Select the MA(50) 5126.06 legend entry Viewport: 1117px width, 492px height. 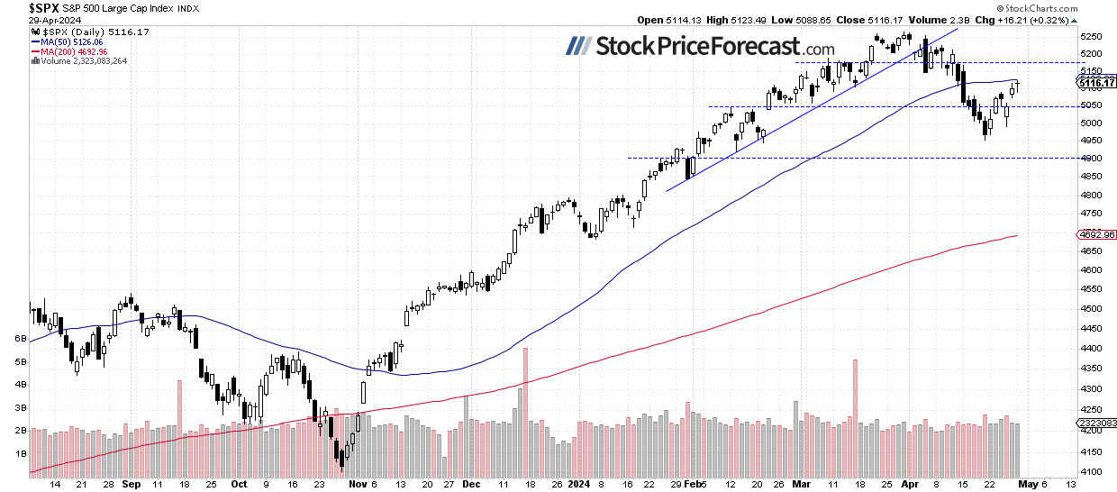coord(68,42)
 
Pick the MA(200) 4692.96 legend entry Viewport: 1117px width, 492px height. coord(69,52)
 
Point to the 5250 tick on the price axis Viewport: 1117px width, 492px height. coord(1092,37)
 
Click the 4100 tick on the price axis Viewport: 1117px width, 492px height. coord(1092,471)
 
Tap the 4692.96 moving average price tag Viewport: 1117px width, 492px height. coord(1095,235)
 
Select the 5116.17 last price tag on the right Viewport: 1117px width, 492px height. coord(1095,83)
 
